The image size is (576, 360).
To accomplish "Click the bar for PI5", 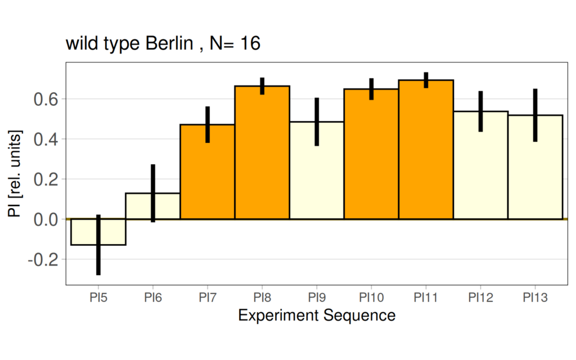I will pos(84,232).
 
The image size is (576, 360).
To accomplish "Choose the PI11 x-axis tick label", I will pos(426,296).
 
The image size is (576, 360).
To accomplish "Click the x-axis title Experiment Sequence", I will pos(316,316).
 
